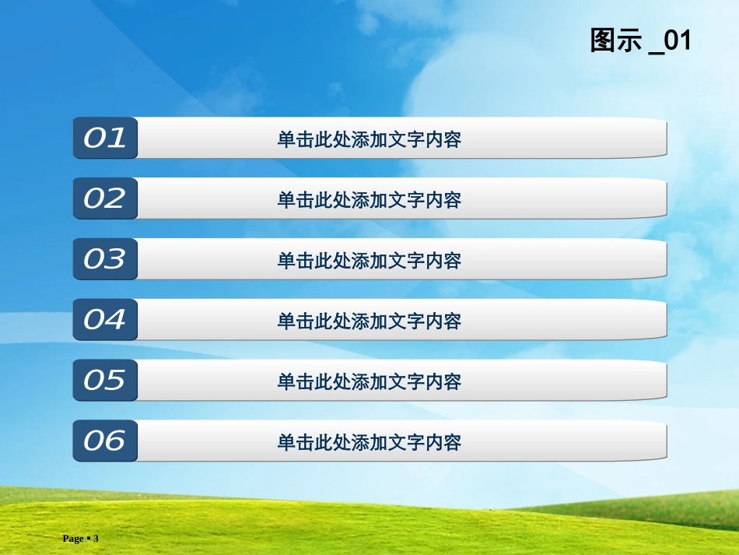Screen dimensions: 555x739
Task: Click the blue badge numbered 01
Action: coord(105,138)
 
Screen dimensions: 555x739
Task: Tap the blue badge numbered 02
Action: coord(105,198)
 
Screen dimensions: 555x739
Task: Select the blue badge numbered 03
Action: coord(105,259)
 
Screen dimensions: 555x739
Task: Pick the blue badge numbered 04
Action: coord(105,319)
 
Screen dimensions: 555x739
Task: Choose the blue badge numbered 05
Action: coord(105,380)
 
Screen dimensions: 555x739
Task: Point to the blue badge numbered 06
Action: coord(105,441)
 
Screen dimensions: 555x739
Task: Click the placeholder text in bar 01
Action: coord(369,139)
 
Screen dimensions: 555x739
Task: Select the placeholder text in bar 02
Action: coord(369,200)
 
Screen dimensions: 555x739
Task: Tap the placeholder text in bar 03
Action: coord(369,261)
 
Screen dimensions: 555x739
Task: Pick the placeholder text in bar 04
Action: coord(369,321)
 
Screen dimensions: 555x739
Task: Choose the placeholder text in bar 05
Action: coord(369,381)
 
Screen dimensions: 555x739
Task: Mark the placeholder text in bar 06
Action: coord(369,442)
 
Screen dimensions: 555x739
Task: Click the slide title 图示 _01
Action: coord(640,40)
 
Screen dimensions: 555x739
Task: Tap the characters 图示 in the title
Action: coord(616,40)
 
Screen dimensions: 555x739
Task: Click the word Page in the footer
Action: coord(72,539)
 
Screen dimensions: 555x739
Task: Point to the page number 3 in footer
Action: coord(96,539)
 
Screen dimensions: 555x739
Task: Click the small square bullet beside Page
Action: coord(88,539)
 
